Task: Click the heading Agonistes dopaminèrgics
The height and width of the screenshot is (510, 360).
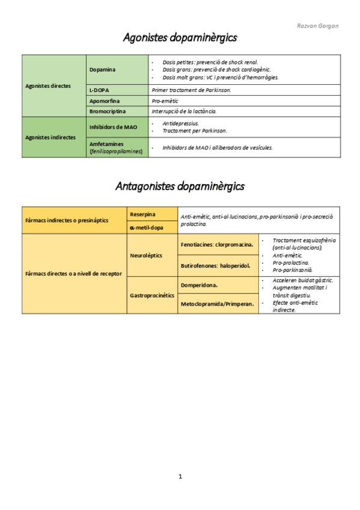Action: point(180,37)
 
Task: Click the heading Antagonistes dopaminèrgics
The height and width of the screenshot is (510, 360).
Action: point(180,186)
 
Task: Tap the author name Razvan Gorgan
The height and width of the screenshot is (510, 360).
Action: point(318,26)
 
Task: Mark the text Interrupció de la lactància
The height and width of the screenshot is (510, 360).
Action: point(184,111)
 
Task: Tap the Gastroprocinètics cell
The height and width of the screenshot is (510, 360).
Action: point(152,295)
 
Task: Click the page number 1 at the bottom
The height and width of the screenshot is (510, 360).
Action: point(180,476)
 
